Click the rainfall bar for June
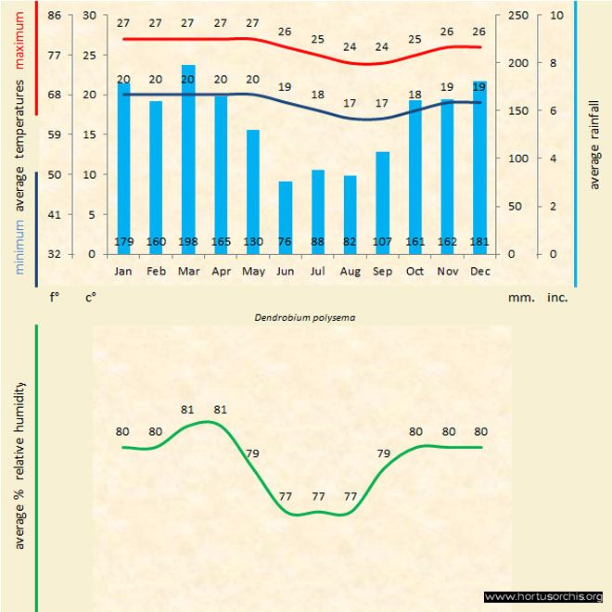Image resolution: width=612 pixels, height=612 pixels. point(286,217)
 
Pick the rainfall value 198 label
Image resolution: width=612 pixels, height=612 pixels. point(188,243)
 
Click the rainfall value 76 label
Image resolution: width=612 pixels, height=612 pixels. point(286,243)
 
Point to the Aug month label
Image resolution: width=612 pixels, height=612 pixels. point(350,271)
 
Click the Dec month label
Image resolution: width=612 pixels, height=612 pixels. point(479,271)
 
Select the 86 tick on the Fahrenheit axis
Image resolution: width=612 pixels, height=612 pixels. point(55,15)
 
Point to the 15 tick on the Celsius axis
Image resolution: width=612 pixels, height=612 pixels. point(89,134)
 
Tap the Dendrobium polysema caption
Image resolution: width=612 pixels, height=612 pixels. point(306,316)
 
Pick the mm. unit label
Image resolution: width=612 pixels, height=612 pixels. point(519,298)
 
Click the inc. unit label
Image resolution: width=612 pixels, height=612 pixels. point(557,298)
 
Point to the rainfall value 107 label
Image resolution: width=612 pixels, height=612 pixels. point(382,243)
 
